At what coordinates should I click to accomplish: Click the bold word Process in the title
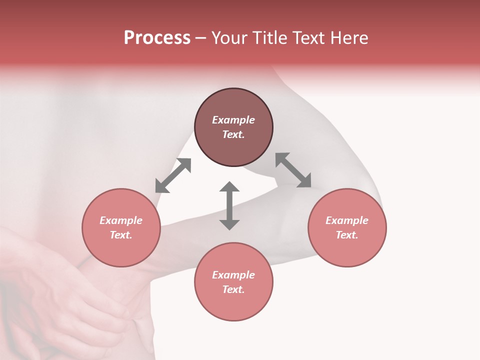click(157, 38)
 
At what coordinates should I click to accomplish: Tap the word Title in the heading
click(270, 38)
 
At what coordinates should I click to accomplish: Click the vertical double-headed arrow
click(229, 205)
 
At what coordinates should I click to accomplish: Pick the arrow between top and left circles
click(173, 175)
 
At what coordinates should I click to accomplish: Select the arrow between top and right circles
click(293, 170)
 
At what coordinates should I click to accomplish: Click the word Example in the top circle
click(233, 120)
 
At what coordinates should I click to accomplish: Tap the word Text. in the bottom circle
click(233, 289)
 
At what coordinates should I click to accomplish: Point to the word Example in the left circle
click(121, 220)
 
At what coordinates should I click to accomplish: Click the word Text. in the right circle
click(347, 235)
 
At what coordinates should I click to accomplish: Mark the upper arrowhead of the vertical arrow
click(229, 187)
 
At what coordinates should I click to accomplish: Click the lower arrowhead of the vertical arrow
click(229, 224)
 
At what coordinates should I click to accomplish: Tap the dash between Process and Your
click(200, 38)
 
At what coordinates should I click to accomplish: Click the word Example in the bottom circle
click(233, 275)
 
